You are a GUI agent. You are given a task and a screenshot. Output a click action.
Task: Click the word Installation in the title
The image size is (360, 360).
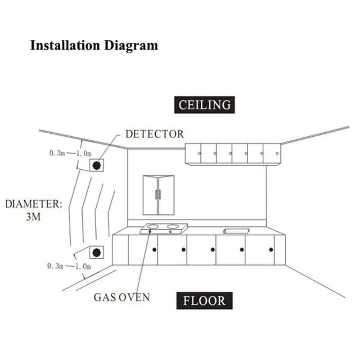65,45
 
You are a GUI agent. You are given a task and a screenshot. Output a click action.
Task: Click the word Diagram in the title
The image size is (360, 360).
131,46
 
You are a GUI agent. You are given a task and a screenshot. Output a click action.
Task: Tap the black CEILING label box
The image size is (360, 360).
204,105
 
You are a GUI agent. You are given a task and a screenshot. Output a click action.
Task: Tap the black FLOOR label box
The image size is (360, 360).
204,301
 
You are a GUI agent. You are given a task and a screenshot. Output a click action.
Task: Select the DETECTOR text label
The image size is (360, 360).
154,134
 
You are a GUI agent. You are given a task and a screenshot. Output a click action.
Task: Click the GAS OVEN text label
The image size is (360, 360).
121,297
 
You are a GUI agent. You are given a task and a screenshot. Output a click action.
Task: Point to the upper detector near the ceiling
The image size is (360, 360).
96,165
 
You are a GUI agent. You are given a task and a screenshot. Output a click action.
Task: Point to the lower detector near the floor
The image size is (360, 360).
96,252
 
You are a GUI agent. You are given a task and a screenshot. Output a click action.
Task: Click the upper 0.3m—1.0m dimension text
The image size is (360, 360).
71,153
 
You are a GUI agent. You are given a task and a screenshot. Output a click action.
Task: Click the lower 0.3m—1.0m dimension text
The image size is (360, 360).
69,266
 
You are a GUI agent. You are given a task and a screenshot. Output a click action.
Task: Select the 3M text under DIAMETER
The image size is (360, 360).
33,217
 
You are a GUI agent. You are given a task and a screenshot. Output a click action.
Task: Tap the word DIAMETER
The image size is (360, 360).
33,204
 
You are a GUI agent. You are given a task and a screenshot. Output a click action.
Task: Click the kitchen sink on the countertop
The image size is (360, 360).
236,231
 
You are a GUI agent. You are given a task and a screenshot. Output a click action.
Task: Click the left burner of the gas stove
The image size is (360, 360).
153,227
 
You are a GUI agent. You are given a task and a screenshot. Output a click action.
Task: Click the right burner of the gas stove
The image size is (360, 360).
173,227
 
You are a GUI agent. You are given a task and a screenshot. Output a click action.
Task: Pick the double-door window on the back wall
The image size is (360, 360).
158,195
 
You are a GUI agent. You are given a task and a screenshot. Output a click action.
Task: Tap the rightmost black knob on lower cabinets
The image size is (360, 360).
271,250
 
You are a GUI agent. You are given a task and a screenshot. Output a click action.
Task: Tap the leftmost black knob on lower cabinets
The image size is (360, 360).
154,250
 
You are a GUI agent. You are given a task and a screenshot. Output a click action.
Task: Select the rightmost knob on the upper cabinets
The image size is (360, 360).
277,153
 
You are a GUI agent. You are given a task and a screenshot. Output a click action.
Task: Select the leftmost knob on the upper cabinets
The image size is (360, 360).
199,153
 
